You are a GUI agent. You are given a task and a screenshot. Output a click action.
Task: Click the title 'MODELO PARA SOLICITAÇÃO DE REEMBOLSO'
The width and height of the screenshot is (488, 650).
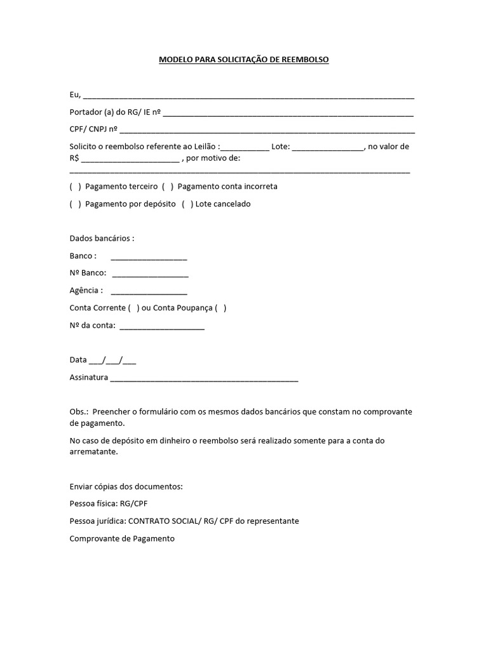point(244,60)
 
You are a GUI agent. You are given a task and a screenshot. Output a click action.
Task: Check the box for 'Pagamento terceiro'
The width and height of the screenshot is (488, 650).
point(75,187)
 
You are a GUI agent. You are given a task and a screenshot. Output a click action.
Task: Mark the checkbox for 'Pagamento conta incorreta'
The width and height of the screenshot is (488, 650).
point(168,187)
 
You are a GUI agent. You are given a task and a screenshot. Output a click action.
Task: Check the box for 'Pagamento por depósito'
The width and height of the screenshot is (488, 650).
point(75,204)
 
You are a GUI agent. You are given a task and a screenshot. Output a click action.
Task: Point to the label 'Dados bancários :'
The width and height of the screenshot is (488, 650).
point(102,239)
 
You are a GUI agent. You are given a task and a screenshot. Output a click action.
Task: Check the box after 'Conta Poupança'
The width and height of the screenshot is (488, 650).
point(220,308)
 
